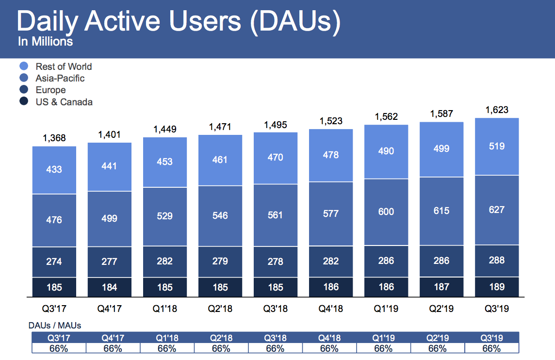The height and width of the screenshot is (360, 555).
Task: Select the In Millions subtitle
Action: point(45,42)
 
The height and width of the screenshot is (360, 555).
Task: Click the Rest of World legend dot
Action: point(24,66)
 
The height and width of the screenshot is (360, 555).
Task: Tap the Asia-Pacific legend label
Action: point(60,78)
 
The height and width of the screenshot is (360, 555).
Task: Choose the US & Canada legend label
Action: point(64,102)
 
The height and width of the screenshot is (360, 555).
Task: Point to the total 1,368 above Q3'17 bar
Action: point(54,138)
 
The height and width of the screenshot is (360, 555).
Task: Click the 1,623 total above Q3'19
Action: point(497,110)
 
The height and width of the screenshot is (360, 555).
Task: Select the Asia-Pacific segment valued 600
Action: point(386,212)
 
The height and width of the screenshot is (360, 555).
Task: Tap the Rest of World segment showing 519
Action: point(497,146)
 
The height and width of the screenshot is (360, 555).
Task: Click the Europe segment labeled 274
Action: point(54,262)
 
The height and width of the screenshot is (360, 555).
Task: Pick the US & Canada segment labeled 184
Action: point(109,287)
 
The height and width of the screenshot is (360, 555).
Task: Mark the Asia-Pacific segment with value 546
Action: point(220,215)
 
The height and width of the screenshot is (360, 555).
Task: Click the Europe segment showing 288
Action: point(497,260)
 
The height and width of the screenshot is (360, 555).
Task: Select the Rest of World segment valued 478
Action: point(330,155)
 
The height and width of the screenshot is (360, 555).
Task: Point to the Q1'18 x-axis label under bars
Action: point(164,309)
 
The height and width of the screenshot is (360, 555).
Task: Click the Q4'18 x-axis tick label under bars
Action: point(330,309)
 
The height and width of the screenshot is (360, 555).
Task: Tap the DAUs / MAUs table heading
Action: point(55,326)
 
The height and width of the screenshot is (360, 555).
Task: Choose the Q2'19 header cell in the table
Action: point(437,338)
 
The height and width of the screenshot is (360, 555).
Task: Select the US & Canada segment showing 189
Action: point(497,287)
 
